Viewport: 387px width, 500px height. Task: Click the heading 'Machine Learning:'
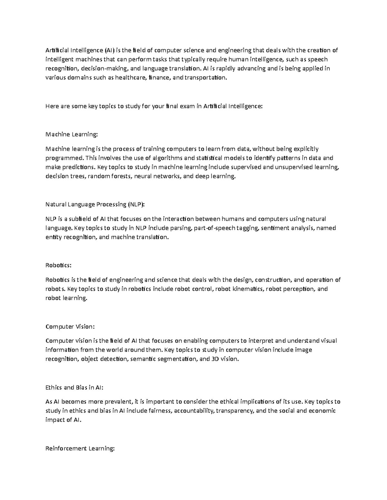tap(71, 134)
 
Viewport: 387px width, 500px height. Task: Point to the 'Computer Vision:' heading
tap(70, 326)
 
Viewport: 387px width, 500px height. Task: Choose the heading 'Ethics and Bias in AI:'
tap(74, 387)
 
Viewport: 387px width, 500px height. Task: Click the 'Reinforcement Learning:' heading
tap(80, 448)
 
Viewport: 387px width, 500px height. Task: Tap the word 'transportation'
tap(205, 78)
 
